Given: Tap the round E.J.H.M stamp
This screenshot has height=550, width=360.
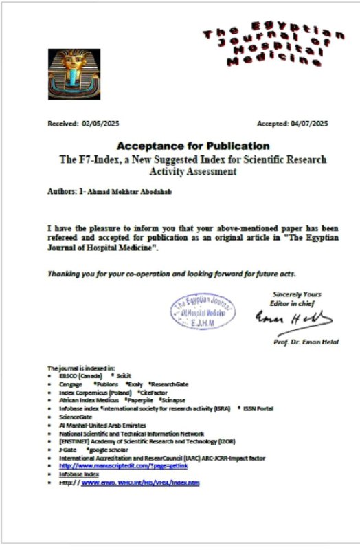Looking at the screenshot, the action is tap(203, 312).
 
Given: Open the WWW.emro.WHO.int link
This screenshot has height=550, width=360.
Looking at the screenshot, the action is tap(140, 483).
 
